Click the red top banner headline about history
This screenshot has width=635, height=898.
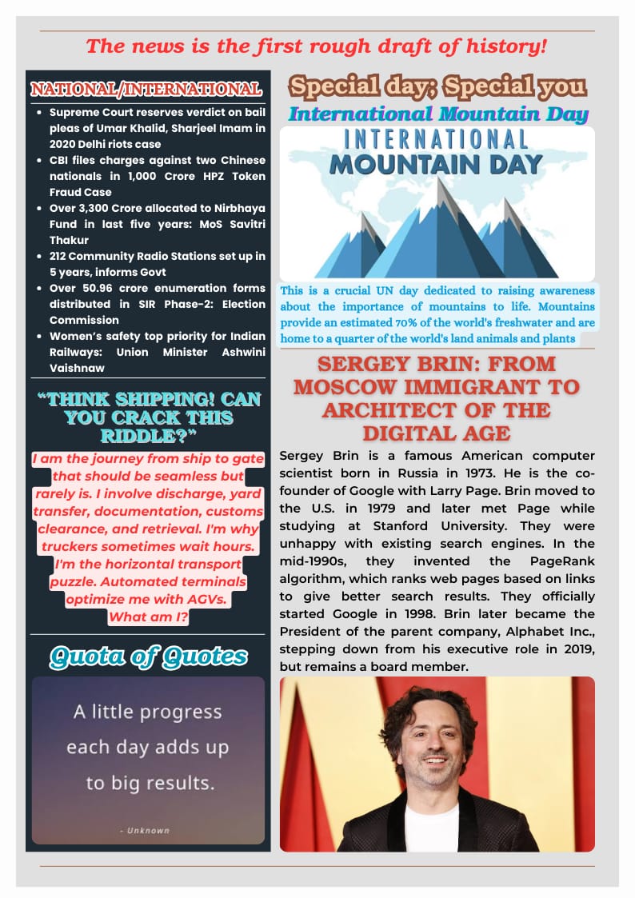tap(317, 46)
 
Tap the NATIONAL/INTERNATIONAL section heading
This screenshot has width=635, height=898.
tap(146, 88)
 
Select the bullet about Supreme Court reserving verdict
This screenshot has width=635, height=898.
tap(157, 128)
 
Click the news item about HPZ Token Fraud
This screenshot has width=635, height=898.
tap(157, 176)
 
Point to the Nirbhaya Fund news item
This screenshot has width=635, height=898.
tap(157, 224)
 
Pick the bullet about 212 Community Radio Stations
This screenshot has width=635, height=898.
tap(157, 264)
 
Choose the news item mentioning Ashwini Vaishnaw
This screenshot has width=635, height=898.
tap(157, 352)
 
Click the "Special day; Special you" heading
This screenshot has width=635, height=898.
tap(437, 86)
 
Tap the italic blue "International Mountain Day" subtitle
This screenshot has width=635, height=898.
tap(438, 114)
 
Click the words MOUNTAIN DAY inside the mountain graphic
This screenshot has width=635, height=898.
tap(437, 165)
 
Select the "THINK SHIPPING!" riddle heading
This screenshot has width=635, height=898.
tap(148, 417)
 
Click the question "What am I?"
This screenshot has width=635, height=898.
tap(148, 617)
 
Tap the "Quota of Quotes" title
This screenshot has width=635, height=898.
tap(148, 657)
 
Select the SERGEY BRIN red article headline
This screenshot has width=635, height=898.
tap(437, 398)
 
